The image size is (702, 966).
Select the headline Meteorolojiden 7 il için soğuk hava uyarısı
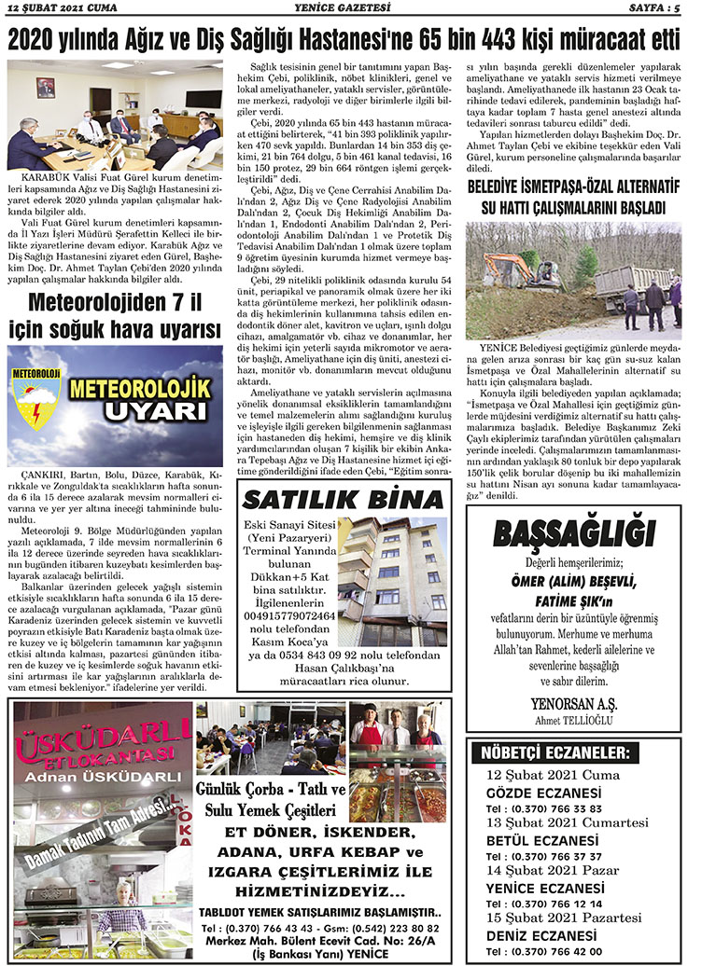(116, 315)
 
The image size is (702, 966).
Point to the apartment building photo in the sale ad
(393, 568)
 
